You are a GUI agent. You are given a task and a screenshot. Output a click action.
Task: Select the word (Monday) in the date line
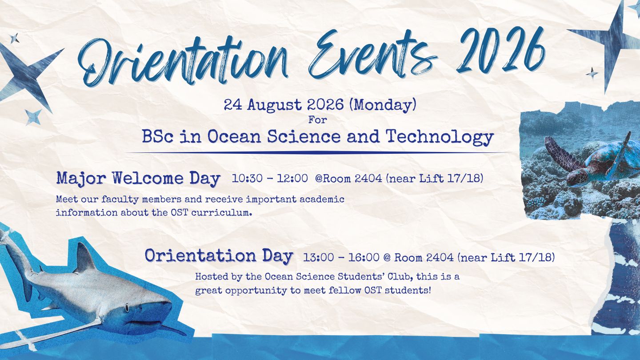pyautogui.click(x=383, y=105)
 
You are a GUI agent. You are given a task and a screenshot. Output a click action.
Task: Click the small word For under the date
pyautogui.click(x=317, y=120)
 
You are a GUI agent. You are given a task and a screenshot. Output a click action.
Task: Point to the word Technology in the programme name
pyautogui.click(x=440, y=137)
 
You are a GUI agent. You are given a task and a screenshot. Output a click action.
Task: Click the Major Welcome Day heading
pyautogui.click(x=138, y=179)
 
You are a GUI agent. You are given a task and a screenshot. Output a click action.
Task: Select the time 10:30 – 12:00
pyautogui.click(x=270, y=178)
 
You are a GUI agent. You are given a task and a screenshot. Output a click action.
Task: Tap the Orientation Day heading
pyautogui.click(x=219, y=256)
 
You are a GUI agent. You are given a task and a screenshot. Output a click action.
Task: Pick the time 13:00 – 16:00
pyautogui.click(x=341, y=258)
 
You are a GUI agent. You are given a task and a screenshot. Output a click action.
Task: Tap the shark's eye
pyautogui.click(x=127, y=308)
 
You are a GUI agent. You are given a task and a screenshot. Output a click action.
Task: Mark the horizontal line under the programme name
pyautogui.click(x=317, y=153)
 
